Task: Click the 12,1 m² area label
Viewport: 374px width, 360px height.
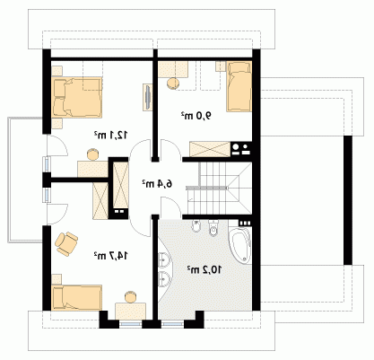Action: pyautogui.click(x=111, y=135)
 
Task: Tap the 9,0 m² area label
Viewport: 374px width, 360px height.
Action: pyautogui.click(x=196, y=115)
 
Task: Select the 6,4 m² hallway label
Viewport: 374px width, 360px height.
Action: pyautogui.click(x=157, y=184)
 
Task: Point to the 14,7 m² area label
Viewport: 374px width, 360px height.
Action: pyautogui.click(x=111, y=256)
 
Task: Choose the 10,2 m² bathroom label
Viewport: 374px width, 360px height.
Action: pyautogui.click(x=204, y=270)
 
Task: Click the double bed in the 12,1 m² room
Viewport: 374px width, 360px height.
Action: pyautogui.click(x=77, y=97)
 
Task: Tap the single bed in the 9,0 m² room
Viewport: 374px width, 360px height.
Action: pyautogui.click(x=239, y=86)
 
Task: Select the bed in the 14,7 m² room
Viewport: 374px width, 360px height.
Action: pyautogui.click(x=77, y=297)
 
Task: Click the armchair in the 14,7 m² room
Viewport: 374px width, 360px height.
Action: pyautogui.click(x=66, y=243)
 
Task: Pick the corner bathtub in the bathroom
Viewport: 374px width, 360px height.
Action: pyautogui.click(x=240, y=244)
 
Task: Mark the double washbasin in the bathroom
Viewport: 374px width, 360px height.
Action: pyautogui.click(x=164, y=268)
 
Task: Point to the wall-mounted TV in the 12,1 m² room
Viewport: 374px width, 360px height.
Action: pyautogui.click(x=148, y=97)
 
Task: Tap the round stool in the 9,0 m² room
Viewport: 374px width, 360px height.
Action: pyautogui.click(x=172, y=83)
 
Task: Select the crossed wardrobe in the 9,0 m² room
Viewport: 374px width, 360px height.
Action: pyautogui.click(x=210, y=149)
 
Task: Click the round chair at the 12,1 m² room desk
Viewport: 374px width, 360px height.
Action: pyautogui.click(x=93, y=154)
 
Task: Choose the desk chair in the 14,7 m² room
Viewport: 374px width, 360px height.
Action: pyautogui.click(x=131, y=297)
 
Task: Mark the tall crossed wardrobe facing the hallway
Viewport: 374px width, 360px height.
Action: pyautogui.click(x=121, y=185)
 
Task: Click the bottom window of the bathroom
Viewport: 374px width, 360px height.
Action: pyautogui.click(x=172, y=324)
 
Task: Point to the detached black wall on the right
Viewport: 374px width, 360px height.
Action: pyautogui.click(x=348, y=200)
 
